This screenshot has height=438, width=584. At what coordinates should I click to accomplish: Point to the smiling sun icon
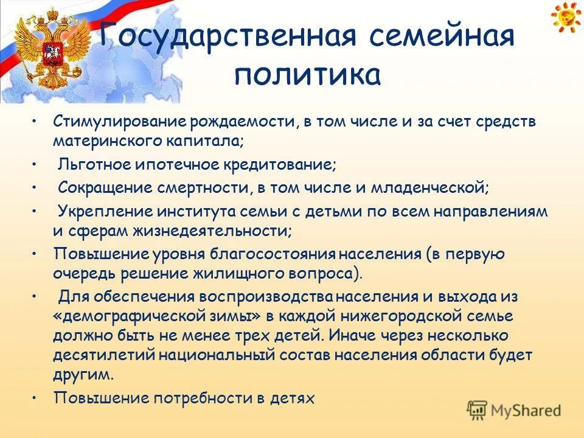[x=566, y=17]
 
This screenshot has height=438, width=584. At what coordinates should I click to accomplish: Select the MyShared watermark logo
[x=514, y=409]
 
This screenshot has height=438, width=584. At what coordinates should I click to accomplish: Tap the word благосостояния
[x=274, y=253]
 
